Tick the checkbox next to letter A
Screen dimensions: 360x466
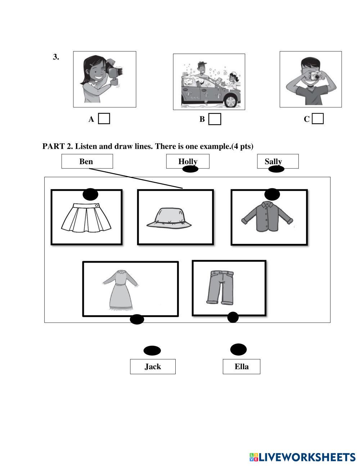104,119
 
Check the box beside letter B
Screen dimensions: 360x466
215,119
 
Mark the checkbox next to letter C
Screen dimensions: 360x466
318,119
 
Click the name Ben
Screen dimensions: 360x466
86,161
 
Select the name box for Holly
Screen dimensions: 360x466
188,161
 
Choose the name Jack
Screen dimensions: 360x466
153,367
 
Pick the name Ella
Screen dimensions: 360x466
242,367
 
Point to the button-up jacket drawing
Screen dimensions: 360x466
267,216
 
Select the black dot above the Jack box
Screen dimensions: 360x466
152,350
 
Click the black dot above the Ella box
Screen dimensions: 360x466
238,349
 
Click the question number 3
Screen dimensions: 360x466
56,57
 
